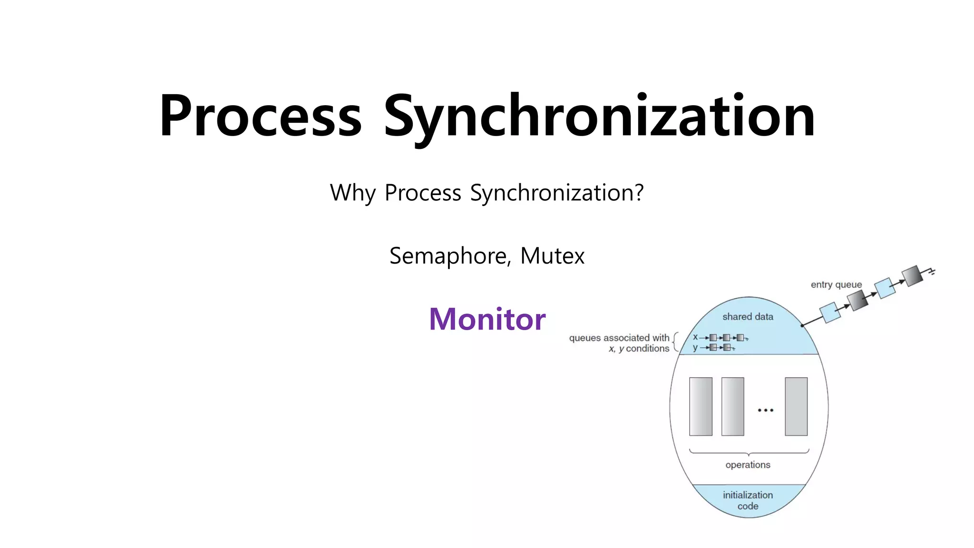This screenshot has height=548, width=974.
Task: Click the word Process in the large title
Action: pyautogui.click(x=261, y=116)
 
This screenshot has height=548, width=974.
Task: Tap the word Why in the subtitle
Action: pyautogui.click(x=352, y=193)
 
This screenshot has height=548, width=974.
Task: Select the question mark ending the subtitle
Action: pyautogui.click(x=639, y=192)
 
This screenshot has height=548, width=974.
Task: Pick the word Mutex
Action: pyautogui.click(x=552, y=256)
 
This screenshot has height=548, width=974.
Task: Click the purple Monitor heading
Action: pyautogui.click(x=487, y=319)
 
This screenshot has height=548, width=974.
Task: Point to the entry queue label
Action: pyautogui.click(x=836, y=284)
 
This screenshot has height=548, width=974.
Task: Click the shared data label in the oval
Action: pyautogui.click(x=748, y=317)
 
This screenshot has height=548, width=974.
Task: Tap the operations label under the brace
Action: pyautogui.click(x=748, y=465)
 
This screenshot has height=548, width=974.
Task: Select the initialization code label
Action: pyautogui.click(x=748, y=500)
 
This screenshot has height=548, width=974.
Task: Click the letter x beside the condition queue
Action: pyautogui.click(x=695, y=337)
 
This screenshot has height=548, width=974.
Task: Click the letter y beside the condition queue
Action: pyautogui.click(x=695, y=348)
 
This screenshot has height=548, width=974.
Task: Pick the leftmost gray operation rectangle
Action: pyautogui.click(x=701, y=407)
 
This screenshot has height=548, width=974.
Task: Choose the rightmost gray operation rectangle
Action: pyautogui.click(x=796, y=407)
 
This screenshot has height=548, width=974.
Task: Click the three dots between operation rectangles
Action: pyautogui.click(x=765, y=410)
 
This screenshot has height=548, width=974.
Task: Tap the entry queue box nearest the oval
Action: pyautogui.click(x=830, y=313)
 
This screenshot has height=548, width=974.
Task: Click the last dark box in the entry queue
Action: pyautogui.click(x=912, y=276)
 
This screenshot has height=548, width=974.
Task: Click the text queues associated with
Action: pyautogui.click(x=619, y=338)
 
